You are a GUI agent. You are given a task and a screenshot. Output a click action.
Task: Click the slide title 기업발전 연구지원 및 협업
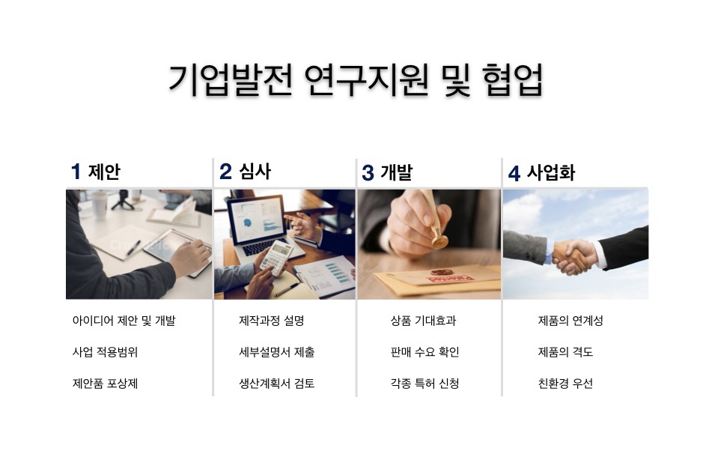click(x=356, y=80)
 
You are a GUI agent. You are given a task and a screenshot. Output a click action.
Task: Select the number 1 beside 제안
click(x=76, y=172)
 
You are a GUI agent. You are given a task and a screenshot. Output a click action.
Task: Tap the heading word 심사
click(x=255, y=172)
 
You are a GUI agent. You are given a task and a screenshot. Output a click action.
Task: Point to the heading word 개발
click(x=396, y=172)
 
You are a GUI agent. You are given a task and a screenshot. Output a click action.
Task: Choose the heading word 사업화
click(x=551, y=173)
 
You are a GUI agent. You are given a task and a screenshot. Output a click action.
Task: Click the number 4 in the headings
click(x=514, y=173)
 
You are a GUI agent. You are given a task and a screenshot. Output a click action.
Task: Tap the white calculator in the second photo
click(x=276, y=258)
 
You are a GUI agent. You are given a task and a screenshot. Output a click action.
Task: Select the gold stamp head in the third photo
click(x=439, y=239)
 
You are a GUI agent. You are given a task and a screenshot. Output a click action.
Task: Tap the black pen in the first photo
click(x=133, y=248)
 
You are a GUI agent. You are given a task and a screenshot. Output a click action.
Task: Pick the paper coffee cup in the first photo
click(x=100, y=205)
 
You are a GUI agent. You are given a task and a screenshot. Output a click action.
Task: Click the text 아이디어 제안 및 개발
click(x=124, y=321)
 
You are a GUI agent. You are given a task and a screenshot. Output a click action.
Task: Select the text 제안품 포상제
click(x=105, y=384)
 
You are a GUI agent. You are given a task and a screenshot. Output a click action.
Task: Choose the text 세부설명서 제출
click(x=276, y=352)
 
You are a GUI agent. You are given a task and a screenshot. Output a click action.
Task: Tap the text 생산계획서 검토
click(x=276, y=384)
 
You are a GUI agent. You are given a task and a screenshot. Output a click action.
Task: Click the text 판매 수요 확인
click(x=425, y=352)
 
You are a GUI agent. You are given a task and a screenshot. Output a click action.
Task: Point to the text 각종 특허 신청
click(x=425, y=384)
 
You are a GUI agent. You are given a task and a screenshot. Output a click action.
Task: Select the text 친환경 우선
click(x=565, y=384)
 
